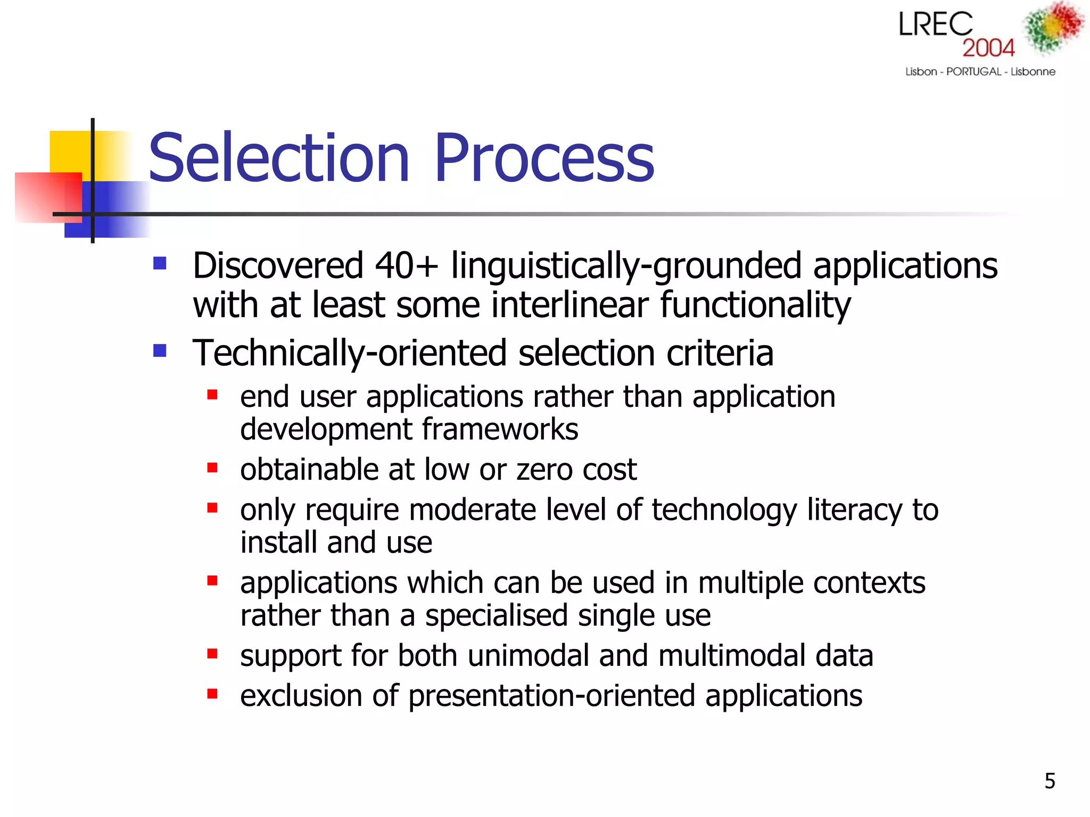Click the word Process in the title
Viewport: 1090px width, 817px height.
[x=543, y=159]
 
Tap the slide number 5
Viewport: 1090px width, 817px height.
[x=1050, y=781]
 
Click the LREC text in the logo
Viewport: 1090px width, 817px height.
[x=935, y=25]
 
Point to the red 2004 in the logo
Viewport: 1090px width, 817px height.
[x=988, y=48]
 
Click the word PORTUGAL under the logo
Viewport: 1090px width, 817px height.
[x=973, y=71]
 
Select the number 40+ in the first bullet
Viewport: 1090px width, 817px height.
[x=407, y=265]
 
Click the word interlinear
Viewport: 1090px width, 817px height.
[x=570, y=305]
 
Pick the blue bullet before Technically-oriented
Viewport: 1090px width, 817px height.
[x=160, y=351]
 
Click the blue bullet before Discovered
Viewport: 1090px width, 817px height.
[x=160, y=263]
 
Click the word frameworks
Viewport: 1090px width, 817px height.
[x=500, y=430]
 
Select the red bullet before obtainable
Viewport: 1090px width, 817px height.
[x=212, y=468]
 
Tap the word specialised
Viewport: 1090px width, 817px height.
[x=496, y=616]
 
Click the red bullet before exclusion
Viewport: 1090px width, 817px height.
[x=212, y=694]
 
